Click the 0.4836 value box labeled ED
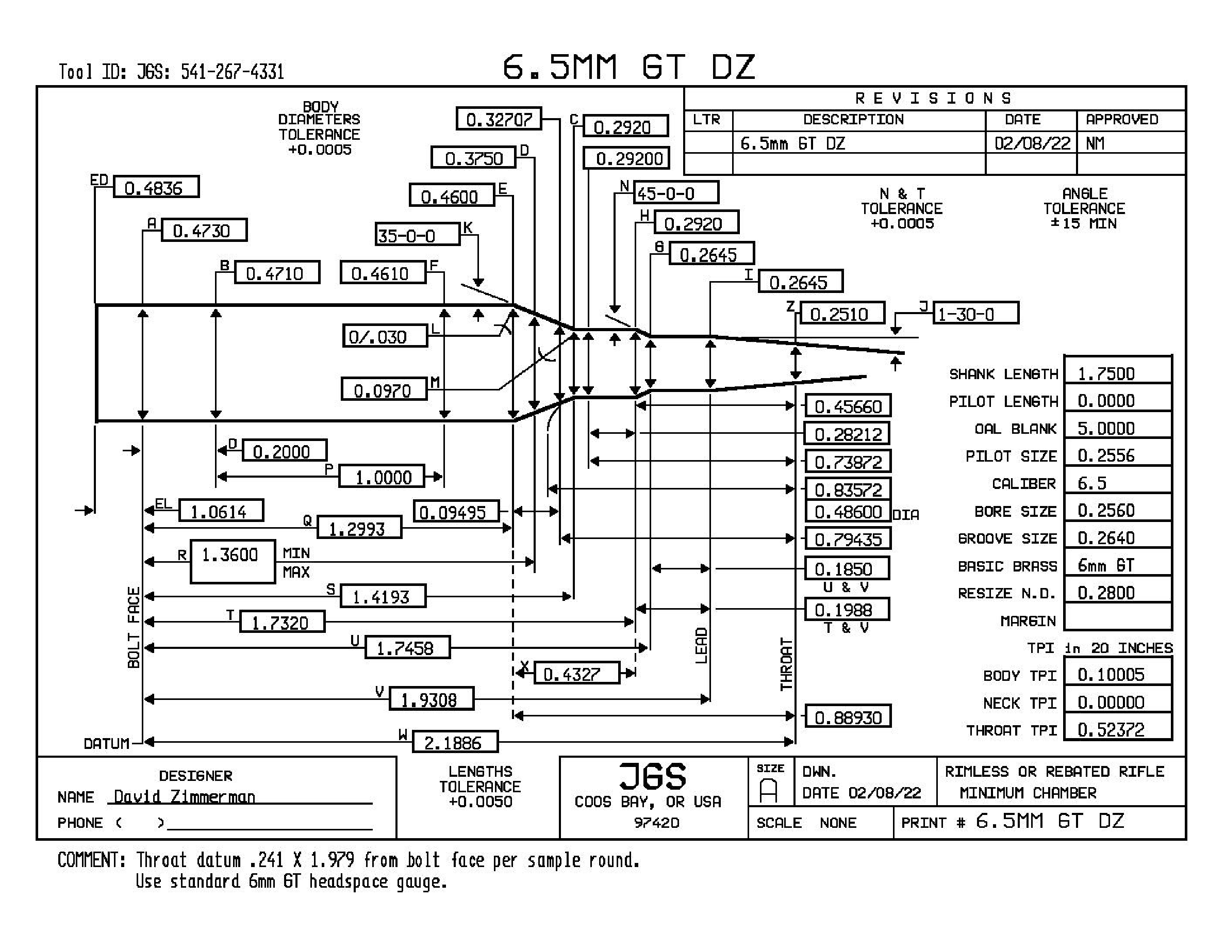pyautogui.click(x=157, y=187)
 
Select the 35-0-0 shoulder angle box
pyautogui.click(x=417, y=235)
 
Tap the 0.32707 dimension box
pyautogui.click(x=499, y=119)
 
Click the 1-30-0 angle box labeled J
pyautogui.click(x=976, y=313)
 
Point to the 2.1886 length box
pyautogui.click(x=455, y=742)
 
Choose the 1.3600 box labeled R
pyautogui.click(x=233, y=562)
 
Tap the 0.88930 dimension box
pyautogui.click(x=848, y=716)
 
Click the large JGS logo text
pyautogui.click(x=653, y=776)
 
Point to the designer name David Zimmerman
pyautogui.click(x=185, y=796)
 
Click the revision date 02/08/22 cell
pyautogui.click(x=1032, y=143)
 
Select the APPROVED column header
pyautogui.click(x=1122, y=120)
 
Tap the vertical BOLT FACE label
pyautogui.click(x=134, y=627)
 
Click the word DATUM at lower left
pyautogui.click(x=107, y=743)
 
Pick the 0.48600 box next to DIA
pyautogui.click(x=848, y=512)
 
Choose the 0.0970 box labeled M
pyautogui.click(x=384, y=389)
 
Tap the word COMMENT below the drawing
pyautogui.click(x=91, y=859)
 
